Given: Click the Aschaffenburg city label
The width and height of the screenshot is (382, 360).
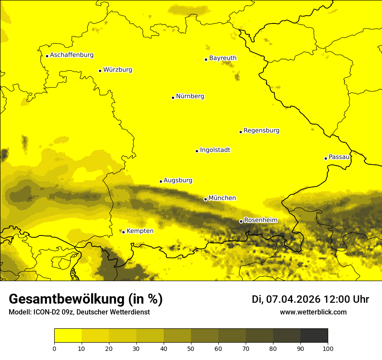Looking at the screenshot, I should click(x=72, y=55).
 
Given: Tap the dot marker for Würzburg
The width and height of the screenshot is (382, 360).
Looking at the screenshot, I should click(x=100, y=71).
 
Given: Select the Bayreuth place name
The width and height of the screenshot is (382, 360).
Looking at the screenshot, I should click(x=223, y=58).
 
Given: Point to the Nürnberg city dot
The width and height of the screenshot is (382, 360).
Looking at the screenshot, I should click(x=173, y=98).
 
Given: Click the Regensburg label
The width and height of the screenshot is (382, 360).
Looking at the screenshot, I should click(x=261, y=131).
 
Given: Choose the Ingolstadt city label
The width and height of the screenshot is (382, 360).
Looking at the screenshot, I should click(x=215, y=150).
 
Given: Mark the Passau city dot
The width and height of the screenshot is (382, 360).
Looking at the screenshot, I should click(x=326, y=158).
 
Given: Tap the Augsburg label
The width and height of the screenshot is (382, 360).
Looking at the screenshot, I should click(x=178, y=180).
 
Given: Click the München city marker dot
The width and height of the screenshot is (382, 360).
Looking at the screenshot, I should click(x=205, y=199).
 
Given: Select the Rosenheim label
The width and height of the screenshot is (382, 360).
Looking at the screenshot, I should click(x=260, y=220).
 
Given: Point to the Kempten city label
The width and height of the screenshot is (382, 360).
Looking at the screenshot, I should click(x=140, y=231).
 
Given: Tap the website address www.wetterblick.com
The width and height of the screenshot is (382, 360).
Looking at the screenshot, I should click(x=313, y=312).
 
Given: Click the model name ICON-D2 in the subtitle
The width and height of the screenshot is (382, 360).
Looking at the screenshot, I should click(x=46, y=312).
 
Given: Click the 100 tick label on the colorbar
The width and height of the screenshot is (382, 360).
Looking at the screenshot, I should click(x=328, y=348).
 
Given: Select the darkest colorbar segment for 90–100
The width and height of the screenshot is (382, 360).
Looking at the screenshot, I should click(x=314, y=336).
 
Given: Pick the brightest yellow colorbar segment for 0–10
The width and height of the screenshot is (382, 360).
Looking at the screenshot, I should click(x=68, y=336).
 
